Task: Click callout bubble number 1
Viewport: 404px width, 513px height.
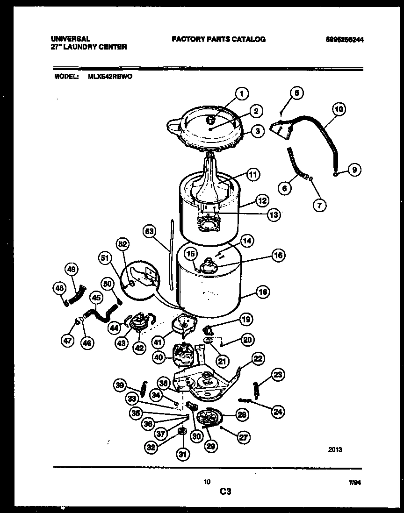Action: [x=242, y=93]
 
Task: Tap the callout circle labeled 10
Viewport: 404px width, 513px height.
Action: [x=339, y=110]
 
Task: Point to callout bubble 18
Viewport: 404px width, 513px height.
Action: [x=263, y=292]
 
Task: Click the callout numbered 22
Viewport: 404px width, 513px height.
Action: [x=258, y=358]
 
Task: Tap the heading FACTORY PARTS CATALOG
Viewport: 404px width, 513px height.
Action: [x=218, y=39]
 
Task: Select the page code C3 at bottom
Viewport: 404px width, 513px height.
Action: [x=225, y=491]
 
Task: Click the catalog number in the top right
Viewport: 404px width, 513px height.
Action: [x=343, y=40]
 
